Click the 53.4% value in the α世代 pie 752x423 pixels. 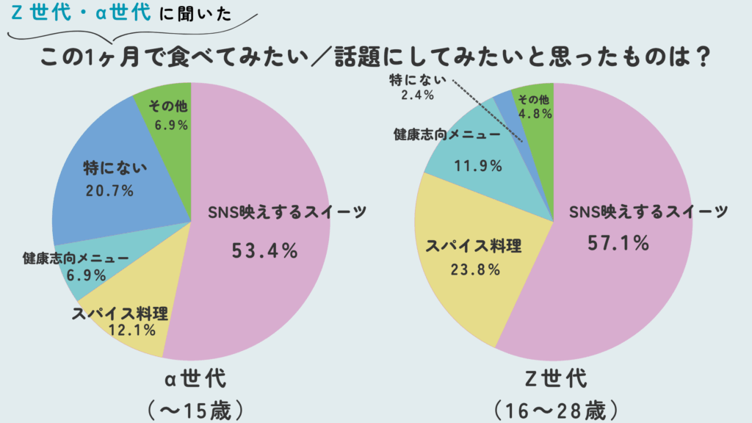pyautogui.click(x=264, y=250)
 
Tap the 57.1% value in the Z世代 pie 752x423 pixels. pyautogui.click(x=618, y=242)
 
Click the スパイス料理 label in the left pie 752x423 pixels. pyautogui.click(x=120, y=314)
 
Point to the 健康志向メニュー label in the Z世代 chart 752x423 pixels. pyautogui.click(x=446, y=136)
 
